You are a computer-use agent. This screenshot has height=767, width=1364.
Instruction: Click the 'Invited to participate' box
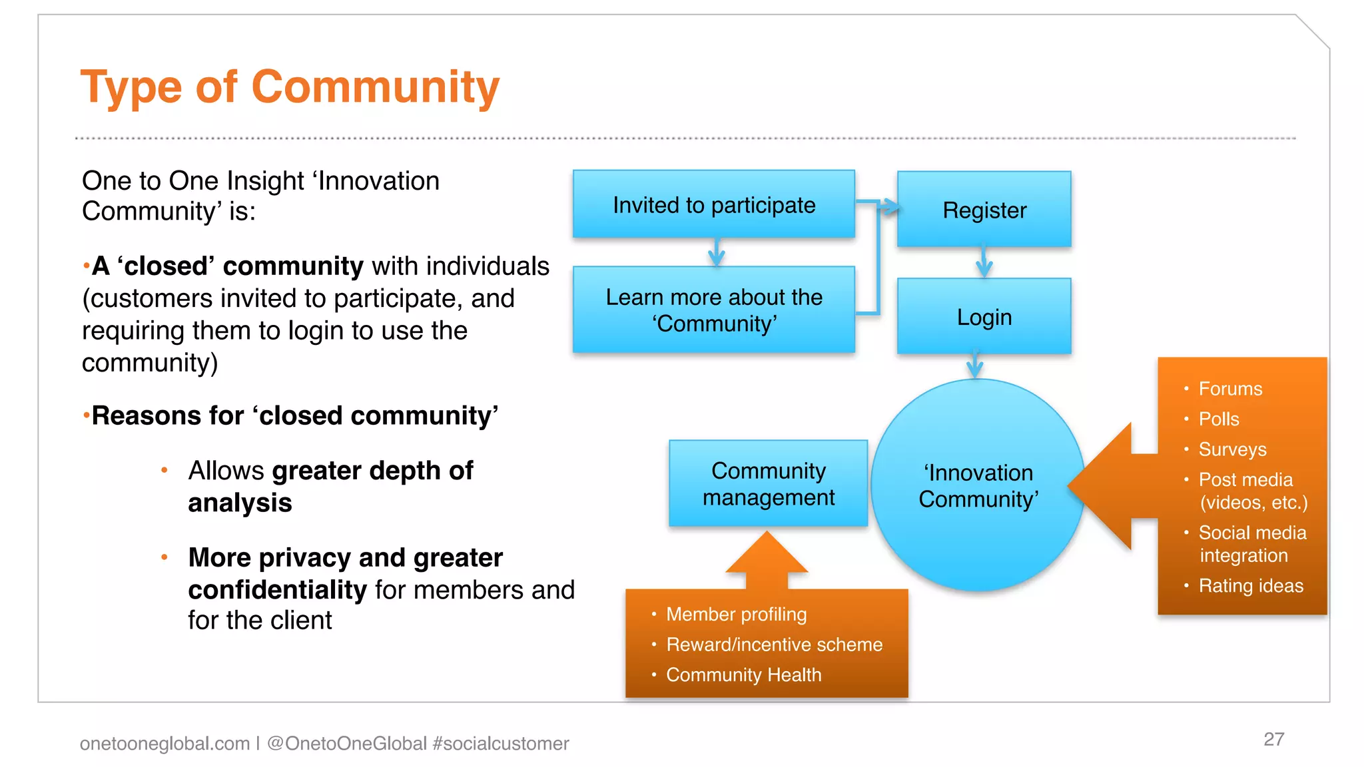713,204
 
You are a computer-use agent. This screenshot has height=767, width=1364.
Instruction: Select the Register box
984,210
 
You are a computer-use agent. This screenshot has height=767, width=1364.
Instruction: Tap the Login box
984,317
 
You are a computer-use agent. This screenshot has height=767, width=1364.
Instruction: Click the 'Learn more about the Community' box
713,310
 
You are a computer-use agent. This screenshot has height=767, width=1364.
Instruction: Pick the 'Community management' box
768,484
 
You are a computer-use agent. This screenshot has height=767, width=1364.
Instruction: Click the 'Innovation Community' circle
978,486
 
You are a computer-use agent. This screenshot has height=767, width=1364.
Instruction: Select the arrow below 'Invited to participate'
716,252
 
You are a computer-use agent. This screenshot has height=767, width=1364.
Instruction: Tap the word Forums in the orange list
1230,389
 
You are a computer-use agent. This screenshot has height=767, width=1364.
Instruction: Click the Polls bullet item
1219,419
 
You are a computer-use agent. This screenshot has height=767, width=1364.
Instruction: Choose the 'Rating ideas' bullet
1251,586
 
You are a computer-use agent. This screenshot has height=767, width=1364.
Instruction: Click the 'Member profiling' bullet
736,614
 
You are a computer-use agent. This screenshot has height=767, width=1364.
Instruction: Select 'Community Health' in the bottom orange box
743,675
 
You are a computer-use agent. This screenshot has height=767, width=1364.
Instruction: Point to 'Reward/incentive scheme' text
774,644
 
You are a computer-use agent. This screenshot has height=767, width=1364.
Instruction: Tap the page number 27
1273,739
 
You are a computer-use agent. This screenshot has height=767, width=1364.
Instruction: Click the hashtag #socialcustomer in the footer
500,743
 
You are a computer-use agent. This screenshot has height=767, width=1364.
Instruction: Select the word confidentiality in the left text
277,590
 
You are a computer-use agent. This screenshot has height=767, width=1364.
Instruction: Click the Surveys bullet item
1232,449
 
